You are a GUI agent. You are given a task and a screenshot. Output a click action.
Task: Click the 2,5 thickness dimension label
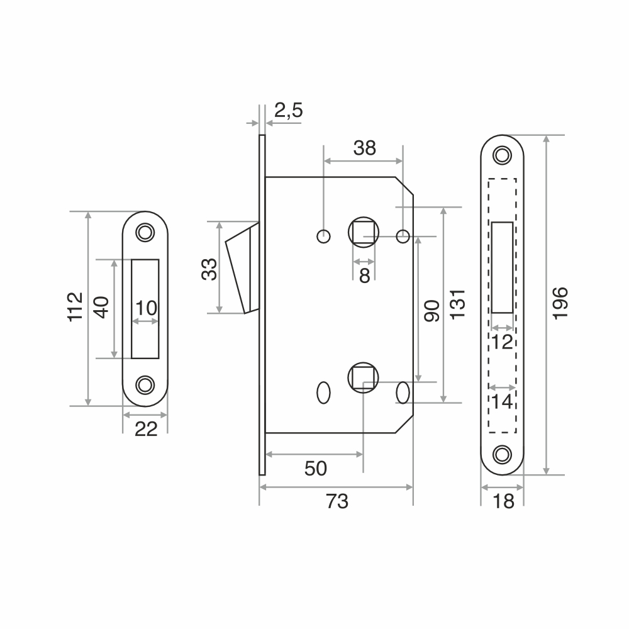289,110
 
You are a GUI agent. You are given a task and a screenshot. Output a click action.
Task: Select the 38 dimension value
365,148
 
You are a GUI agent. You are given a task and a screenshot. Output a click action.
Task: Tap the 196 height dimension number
560,303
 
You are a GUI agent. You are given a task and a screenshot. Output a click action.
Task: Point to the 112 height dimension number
75,307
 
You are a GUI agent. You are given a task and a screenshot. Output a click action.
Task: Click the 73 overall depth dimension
337,501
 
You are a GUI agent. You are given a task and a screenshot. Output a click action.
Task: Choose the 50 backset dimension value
316,468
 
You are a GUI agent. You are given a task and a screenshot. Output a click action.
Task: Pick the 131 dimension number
458,304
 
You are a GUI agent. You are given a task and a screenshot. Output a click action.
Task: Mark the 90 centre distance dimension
432,311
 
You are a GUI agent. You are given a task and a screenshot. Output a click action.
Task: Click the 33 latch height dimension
209,269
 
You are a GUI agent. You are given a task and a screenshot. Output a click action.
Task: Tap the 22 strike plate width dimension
146,429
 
